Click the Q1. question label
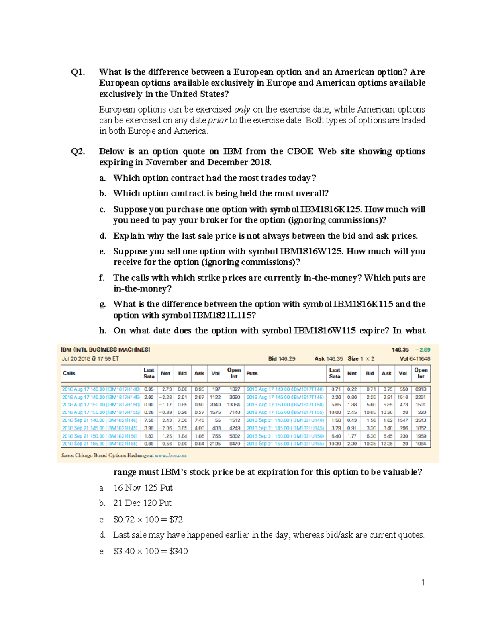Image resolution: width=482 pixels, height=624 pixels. pos(78,72)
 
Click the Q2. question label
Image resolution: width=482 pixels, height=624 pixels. pos(78,151)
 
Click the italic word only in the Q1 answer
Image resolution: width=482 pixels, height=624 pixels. pos(242,109)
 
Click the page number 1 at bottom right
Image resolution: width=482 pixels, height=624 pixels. pos(423,583)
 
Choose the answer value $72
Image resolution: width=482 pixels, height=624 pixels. pos(176,520)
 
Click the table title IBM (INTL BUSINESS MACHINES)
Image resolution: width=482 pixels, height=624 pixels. pos(106,350)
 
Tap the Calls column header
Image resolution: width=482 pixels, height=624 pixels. pos(69,373)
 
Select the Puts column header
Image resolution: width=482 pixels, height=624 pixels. pos(252,373)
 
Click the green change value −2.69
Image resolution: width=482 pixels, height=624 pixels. pos(423,350)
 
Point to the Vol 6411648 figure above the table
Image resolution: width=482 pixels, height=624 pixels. pos(415,359)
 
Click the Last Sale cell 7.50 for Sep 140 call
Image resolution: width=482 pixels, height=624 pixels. pos(149,420)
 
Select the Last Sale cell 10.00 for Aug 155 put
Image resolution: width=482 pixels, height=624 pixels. pos(335,412)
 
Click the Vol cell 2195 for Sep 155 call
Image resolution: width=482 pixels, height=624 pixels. pos(215,444)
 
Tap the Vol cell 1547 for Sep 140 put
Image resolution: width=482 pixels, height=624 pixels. pos(402,420)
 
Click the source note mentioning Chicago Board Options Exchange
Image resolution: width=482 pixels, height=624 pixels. pos(124,455)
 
